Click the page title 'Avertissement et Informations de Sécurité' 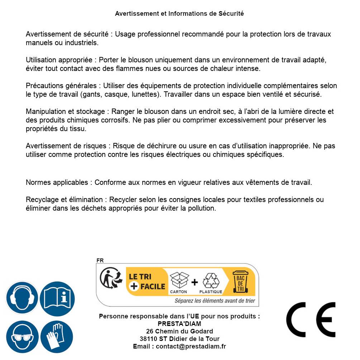click(x=179, y=14)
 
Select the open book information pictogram click(x=57, y=298)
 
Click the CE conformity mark click(x=311, y=320)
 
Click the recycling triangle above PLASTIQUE click(x=211, y=281)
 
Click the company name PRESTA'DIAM click(x=179, y=324)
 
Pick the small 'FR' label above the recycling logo click(x=100, y=260)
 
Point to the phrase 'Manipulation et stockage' click(x=65, y=111)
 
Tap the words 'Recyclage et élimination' click(x=64, y=200)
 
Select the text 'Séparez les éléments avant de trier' click(x=215, y=301)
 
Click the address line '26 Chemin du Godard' click(x=179, y=331)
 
